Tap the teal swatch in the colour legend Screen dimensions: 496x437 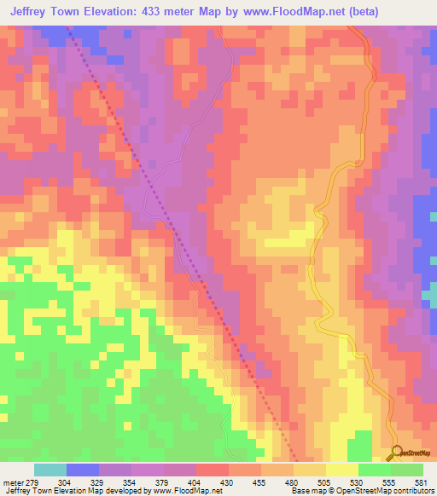click(50, 470)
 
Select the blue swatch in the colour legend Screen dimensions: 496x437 click(83, 470)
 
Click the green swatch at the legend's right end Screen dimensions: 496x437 click(407, 470)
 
